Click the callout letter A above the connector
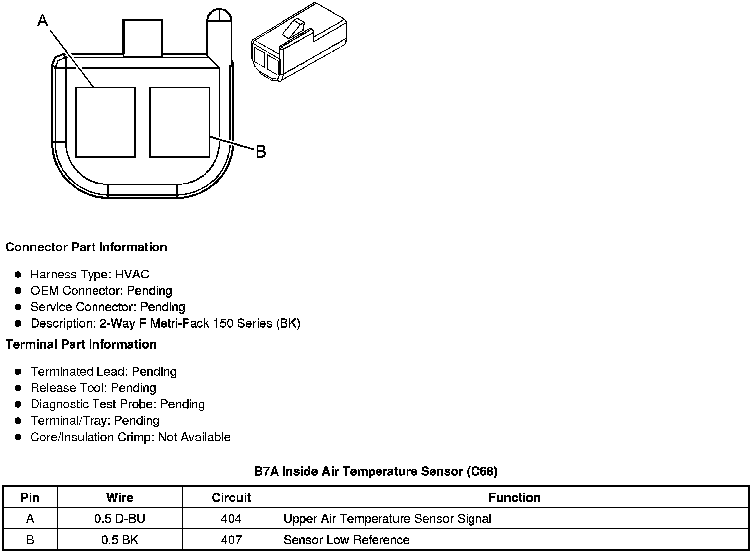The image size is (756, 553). coord(43,20)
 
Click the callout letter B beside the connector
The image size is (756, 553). coord(261,152)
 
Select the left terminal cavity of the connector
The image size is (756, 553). coord(105,122)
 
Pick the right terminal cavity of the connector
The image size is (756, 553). coord(180,122)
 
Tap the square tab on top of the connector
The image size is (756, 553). coord(142,37)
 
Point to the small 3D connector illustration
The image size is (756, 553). coord(299,42)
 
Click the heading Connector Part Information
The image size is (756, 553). coord(87,247)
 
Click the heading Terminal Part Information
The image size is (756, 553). coord(82,344)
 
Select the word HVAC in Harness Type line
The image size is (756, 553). coord(132,275)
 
